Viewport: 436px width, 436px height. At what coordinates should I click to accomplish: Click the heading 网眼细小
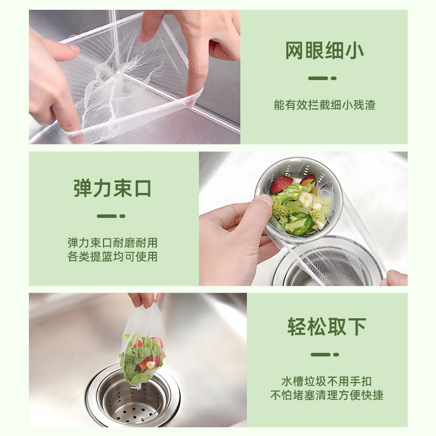(324, 52)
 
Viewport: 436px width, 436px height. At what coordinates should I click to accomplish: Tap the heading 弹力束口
(112, 189)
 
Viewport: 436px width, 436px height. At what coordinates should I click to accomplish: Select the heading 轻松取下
(326, 327)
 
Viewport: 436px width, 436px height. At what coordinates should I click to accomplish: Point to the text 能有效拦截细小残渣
(324, 105)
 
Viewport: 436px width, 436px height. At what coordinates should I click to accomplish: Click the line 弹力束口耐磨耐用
(112, 243)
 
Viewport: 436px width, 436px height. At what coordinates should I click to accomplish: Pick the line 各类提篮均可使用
(112, 256)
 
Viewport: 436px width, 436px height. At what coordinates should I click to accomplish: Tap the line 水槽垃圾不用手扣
(326, 381)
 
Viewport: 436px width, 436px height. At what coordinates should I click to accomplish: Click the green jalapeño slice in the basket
(301, 222)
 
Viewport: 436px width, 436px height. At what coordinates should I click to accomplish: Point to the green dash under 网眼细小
(322, 78)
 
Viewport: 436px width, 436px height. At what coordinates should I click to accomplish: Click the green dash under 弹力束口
(111, 216)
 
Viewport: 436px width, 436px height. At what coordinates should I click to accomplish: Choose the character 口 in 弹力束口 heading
(141, 189)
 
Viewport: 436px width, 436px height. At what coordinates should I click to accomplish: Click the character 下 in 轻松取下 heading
(356, 327)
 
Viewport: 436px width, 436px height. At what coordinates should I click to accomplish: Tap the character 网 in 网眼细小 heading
(294, 52)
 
